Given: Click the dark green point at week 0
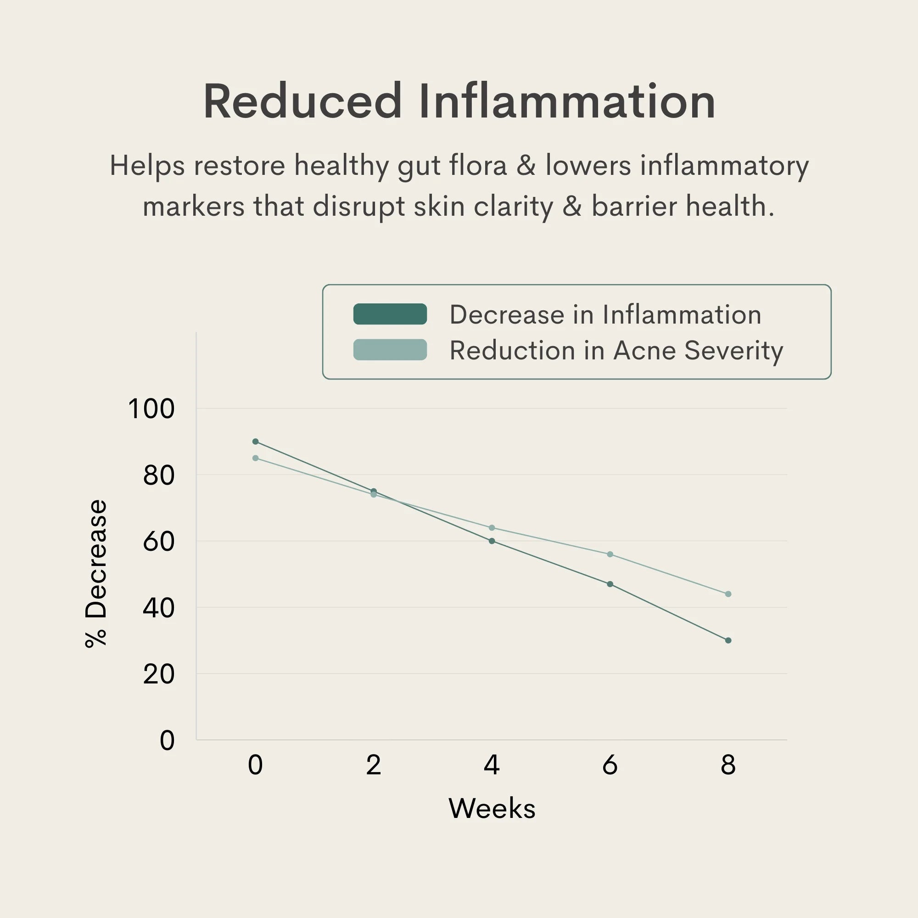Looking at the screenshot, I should pos(255,442).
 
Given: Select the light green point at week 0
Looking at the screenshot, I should pos(255,458).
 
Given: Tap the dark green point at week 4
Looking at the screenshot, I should pos(492,541).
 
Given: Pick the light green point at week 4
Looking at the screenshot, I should pos(492,528).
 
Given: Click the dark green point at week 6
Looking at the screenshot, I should pos(610,584).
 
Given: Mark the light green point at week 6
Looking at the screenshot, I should pos(610,554).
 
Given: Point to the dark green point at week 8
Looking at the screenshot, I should pos(728,640).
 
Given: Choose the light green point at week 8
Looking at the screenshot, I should pos(728,594).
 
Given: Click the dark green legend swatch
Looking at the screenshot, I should pos(390,314).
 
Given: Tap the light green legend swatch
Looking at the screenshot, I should pos(390,350).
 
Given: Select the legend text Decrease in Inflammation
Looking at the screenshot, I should pos(605,314).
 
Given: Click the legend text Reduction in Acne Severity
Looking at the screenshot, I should pos(616,351).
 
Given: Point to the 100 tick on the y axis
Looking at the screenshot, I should pos(151,409).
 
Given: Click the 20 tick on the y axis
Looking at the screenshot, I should pos(159,674).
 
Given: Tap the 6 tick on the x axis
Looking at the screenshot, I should pos(610,765).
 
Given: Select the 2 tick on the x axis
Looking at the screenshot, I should pos(374,765).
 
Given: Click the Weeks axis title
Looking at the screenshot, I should pos(492,808).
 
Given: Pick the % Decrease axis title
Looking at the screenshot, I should pos(96,573).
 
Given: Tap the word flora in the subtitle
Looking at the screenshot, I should pos(478,166).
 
